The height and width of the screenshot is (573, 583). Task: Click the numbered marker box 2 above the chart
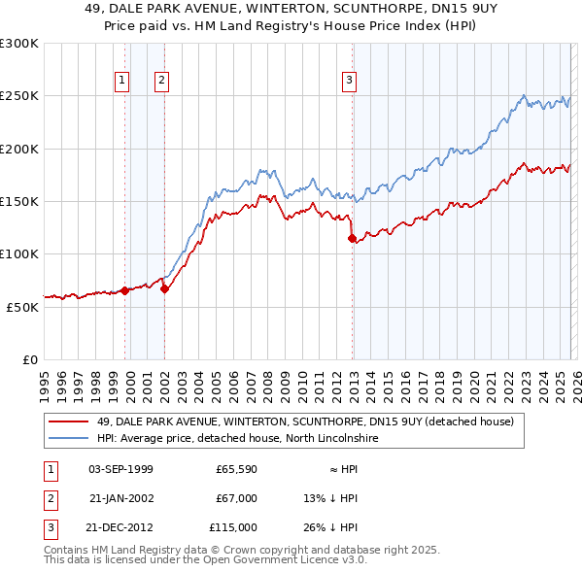tap(161, 82)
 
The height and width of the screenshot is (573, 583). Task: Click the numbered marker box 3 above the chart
tap(349, 82)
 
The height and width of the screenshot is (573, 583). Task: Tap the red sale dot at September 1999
tap(124, 290)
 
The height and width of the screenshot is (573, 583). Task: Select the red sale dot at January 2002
tap(165, 288)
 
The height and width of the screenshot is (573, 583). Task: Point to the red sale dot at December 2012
tap(353, 238)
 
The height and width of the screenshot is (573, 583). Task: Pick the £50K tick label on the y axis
tap(21, 307)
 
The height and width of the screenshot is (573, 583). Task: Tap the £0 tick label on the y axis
tap(29, 359)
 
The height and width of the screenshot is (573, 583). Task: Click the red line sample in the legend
tap(69, 421)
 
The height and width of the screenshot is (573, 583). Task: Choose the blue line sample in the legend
tap(69, 438)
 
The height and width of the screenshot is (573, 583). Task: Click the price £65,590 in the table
tap(236, 469)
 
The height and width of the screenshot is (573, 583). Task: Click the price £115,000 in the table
tap(233, 527)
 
